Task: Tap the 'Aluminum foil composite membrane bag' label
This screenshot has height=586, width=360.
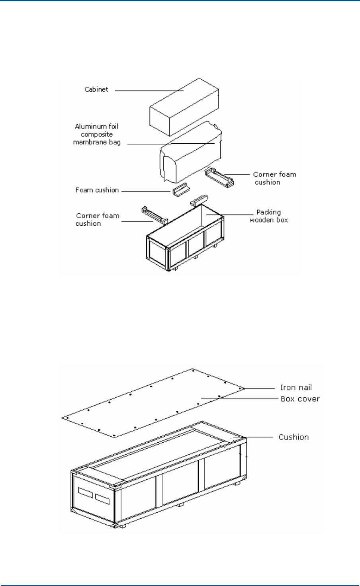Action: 97,135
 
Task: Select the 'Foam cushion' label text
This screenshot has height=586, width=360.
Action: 97,190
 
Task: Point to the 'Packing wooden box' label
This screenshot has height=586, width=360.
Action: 268,216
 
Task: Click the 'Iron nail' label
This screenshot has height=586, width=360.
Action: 296,388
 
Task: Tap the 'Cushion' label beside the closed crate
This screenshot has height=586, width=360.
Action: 293,437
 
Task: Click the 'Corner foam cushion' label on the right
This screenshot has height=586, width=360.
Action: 274,178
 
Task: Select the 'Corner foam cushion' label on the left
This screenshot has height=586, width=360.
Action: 97,219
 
